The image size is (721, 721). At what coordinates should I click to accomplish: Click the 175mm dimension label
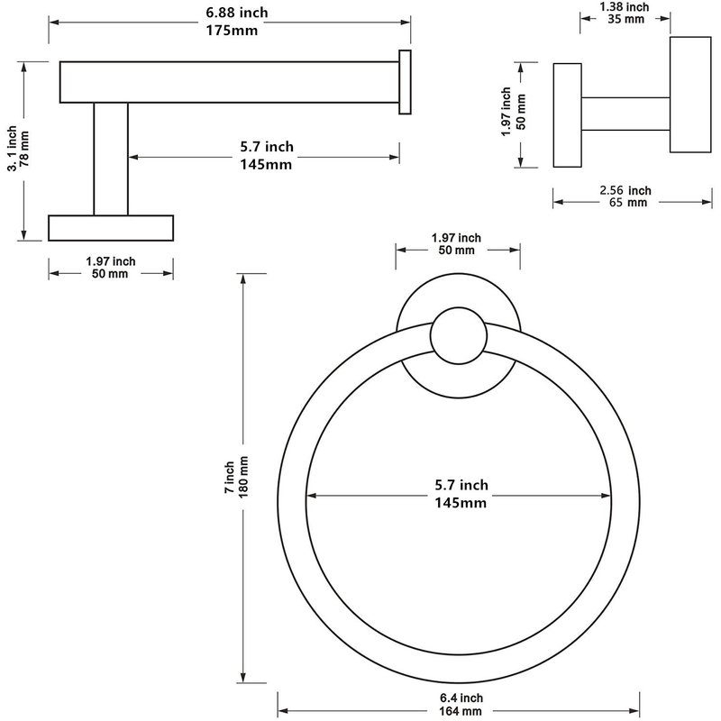point(232,31)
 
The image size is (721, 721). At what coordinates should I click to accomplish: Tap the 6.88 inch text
point(236,13)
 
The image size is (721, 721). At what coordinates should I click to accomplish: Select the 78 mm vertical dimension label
point(24,149)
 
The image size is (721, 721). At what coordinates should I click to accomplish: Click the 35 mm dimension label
point(625,19)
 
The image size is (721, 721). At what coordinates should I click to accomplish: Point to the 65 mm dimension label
point(627,202)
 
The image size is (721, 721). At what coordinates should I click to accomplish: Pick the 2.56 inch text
point(625,190)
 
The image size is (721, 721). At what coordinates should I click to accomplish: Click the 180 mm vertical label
point(243,477)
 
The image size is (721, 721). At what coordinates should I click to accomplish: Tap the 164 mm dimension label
point(461,711)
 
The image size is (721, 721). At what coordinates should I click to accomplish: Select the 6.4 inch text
point(461,698)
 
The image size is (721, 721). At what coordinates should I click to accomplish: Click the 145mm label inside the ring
point(461,503)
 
